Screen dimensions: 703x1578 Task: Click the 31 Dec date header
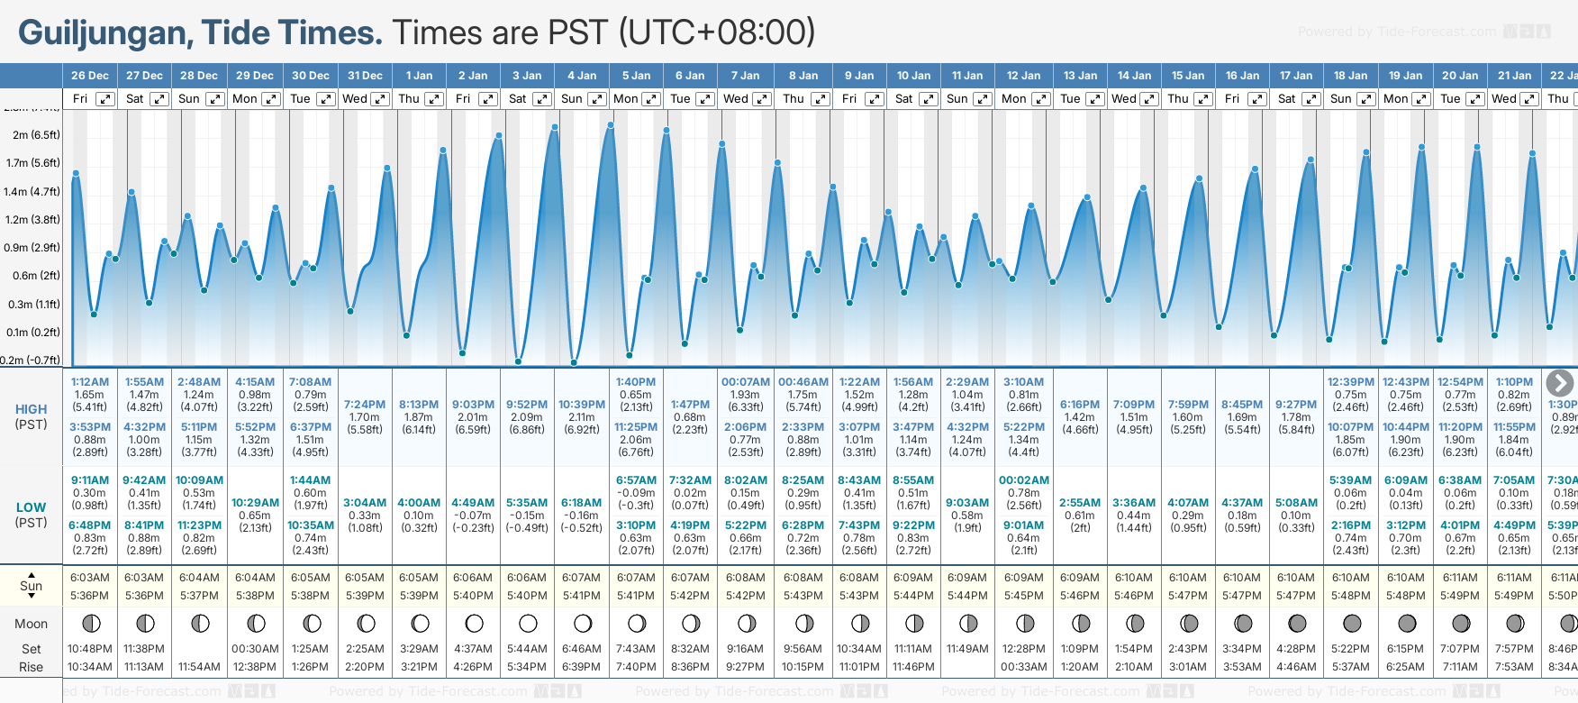pos(365,76)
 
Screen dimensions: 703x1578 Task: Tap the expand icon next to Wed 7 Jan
pos(762,99)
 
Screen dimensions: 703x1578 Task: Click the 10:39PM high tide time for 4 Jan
pos(582,405)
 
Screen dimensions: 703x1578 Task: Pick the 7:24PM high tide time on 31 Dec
pos(365,405)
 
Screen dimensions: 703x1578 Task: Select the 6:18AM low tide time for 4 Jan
pos(582,503)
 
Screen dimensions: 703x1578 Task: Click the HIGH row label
pos(32,409)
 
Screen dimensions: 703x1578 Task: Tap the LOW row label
pos(32,507)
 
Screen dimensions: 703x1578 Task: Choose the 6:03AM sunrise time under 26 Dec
pos(90,578)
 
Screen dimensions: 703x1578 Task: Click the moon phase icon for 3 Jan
pos(528,624)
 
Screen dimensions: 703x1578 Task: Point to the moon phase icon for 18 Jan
pos(1352,624)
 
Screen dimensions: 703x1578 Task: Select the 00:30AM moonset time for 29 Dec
pos(255,649)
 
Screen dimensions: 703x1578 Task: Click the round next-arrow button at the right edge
pos(1559,383)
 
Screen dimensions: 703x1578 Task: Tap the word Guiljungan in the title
pos(102,33)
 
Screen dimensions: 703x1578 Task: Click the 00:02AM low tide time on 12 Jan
pos(1024,480)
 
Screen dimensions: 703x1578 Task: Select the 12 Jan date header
pos(1024,76)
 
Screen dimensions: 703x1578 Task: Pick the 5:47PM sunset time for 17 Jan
pos(1297,596)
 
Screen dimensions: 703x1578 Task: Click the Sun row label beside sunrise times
pos(32,586)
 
